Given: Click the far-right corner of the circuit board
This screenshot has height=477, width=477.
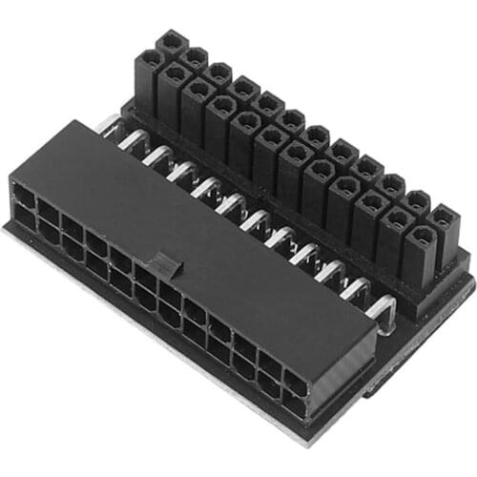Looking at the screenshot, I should (x=473, y=277).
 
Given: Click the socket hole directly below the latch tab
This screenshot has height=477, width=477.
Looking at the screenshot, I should (x=153, y=286).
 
